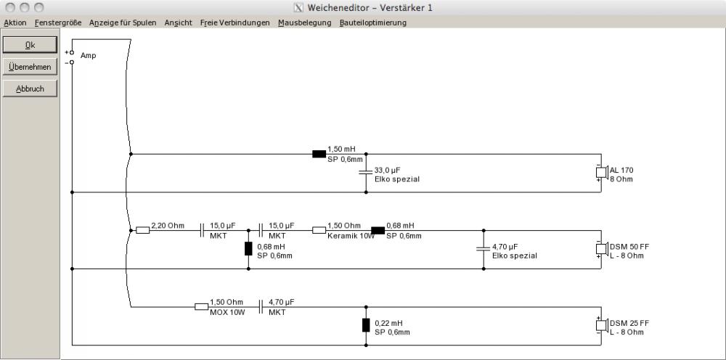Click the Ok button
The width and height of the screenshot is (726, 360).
click(30, 45)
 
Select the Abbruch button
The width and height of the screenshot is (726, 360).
click(30, 89)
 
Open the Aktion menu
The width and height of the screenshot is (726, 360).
click(15, 22)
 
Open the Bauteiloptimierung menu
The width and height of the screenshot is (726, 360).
click(372, 22)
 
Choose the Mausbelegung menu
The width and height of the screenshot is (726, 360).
click(305, 22)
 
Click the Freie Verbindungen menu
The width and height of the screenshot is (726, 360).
click(234, 22)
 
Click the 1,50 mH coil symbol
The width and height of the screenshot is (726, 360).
click(319, 154)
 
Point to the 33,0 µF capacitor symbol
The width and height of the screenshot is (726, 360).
click(366, 173)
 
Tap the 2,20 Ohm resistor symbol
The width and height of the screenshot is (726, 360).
click(142, 230)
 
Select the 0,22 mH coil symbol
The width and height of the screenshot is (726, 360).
click(366, 325)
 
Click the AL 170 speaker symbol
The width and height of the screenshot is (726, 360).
click(601, 173)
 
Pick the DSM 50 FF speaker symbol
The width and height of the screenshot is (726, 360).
click(601, 249)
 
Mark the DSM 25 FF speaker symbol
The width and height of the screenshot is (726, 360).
click(601, 325)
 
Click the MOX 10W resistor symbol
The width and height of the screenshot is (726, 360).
click(201, 306)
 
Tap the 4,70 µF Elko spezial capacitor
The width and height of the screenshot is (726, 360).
click(484, 249)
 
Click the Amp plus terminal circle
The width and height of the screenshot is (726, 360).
click(72, 53)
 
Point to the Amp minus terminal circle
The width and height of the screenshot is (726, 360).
click(72, 62)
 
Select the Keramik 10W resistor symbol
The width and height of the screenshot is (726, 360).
click(319, 230)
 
